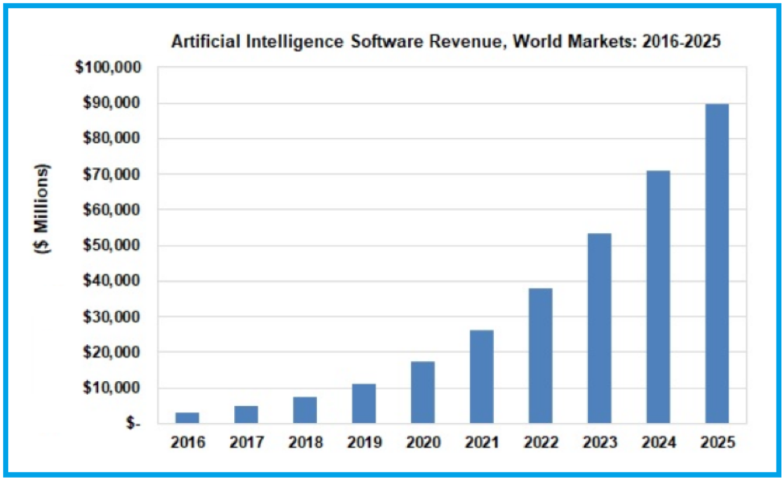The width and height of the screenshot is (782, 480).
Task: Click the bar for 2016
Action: (187, 417)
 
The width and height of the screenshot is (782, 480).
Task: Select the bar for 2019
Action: (364, 403)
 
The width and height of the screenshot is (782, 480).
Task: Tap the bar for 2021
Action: (481, 376)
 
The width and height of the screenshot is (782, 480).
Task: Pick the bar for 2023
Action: (599, 328)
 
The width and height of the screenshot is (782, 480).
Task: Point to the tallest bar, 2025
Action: (717, 263)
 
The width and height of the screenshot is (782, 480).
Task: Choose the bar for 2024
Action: (658, 297)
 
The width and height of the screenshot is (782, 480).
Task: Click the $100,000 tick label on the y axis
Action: (108, 68)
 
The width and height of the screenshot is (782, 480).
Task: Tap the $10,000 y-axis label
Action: (112, 388)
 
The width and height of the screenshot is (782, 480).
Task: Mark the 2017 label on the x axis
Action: (246, 443)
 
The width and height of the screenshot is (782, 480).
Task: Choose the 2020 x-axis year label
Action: (422, 443)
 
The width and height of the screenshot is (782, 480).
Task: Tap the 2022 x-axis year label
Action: (540, 443)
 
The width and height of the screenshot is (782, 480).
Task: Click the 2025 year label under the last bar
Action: (717, 443)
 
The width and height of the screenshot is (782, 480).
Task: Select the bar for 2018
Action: (305, 410)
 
